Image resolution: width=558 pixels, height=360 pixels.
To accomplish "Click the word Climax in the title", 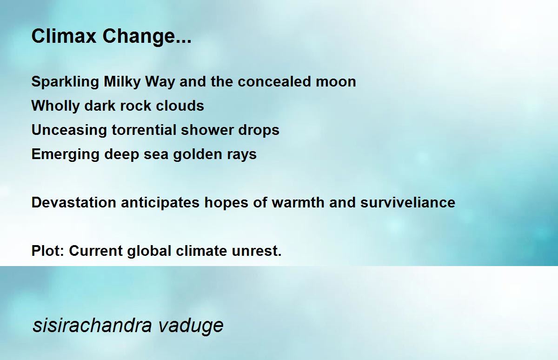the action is (x=64, y=36).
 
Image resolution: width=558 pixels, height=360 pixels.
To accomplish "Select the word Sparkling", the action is (x=65, y=82).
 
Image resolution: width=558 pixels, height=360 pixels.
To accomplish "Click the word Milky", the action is (x=122, y=82).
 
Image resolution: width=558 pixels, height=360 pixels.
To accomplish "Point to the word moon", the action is (x=336, y=82).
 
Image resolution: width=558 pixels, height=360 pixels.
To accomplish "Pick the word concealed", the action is (x=274, y=81).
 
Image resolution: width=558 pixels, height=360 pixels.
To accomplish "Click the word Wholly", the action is (x=55, y=106).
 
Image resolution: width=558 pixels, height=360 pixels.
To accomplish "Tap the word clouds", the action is (x=180, y=106).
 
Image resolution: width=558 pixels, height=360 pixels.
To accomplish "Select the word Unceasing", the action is (x=69, y=130).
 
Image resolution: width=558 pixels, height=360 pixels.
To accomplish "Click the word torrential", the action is (x=144, y=130).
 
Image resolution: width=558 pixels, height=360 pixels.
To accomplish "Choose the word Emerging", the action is (x=65, y=154).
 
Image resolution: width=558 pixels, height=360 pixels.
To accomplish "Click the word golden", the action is (x=198, y=154).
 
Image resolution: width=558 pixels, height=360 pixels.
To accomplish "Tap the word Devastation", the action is (x=74, y=202).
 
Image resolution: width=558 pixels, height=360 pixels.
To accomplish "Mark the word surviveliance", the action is (x=408, y=202).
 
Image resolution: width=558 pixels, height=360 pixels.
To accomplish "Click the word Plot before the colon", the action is (x=46, y=251).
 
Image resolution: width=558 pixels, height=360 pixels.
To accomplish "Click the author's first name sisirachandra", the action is (x=92, y=326).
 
